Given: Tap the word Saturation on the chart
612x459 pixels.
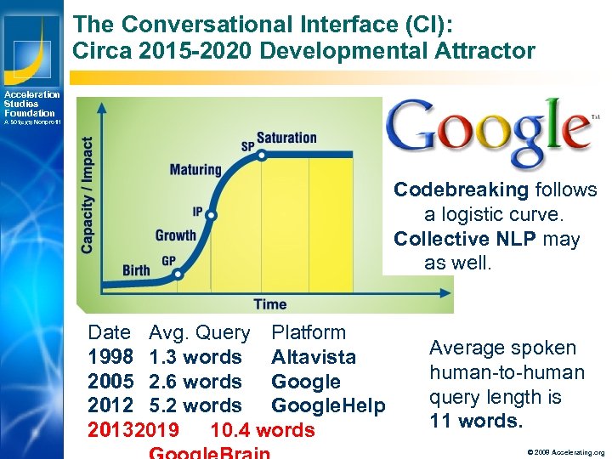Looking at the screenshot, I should (x=286, y=138).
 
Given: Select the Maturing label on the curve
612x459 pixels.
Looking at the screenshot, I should (x=195, y=169).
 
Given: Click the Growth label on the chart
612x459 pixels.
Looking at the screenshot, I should (x=176, y=235).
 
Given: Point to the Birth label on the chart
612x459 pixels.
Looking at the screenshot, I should (x=136, y=271).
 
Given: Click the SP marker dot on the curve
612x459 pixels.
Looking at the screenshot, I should (x=262, y=155).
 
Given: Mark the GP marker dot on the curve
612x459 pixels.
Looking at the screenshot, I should (x=178, y=275).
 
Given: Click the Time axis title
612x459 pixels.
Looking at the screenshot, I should (x=269, y=303).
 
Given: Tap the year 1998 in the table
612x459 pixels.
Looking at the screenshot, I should (x=110, y=357).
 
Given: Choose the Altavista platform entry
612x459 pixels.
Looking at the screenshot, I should (x=314, y=357).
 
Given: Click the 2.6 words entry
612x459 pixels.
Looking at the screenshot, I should (x=195, y=382).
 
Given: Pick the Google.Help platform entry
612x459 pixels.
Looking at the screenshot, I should (x=328, y=406).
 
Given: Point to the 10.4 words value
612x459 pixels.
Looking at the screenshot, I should (x=262, y=430).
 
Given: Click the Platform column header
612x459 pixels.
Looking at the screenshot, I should (x=309, y=332).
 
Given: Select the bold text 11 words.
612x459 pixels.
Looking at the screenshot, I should (x=475, y=421).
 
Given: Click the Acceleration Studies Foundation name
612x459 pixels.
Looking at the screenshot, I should (x=31, y=104).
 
